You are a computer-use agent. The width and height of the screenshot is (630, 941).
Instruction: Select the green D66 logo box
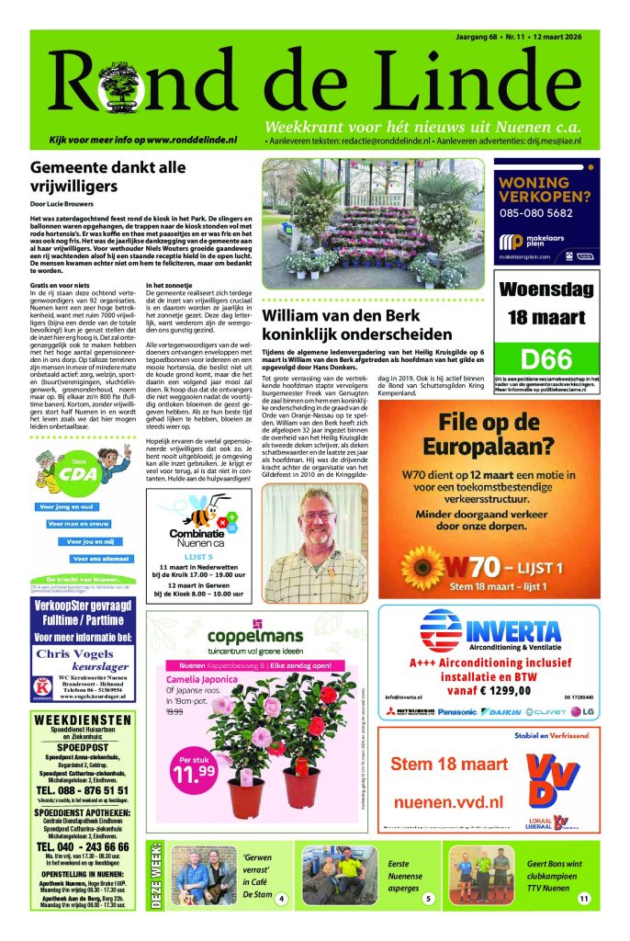[x=546, y=358]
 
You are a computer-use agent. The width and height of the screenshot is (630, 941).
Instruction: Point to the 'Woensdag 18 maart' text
[x=546, y=303]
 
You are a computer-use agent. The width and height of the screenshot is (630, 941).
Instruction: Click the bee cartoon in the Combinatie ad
[x=200, y=509]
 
